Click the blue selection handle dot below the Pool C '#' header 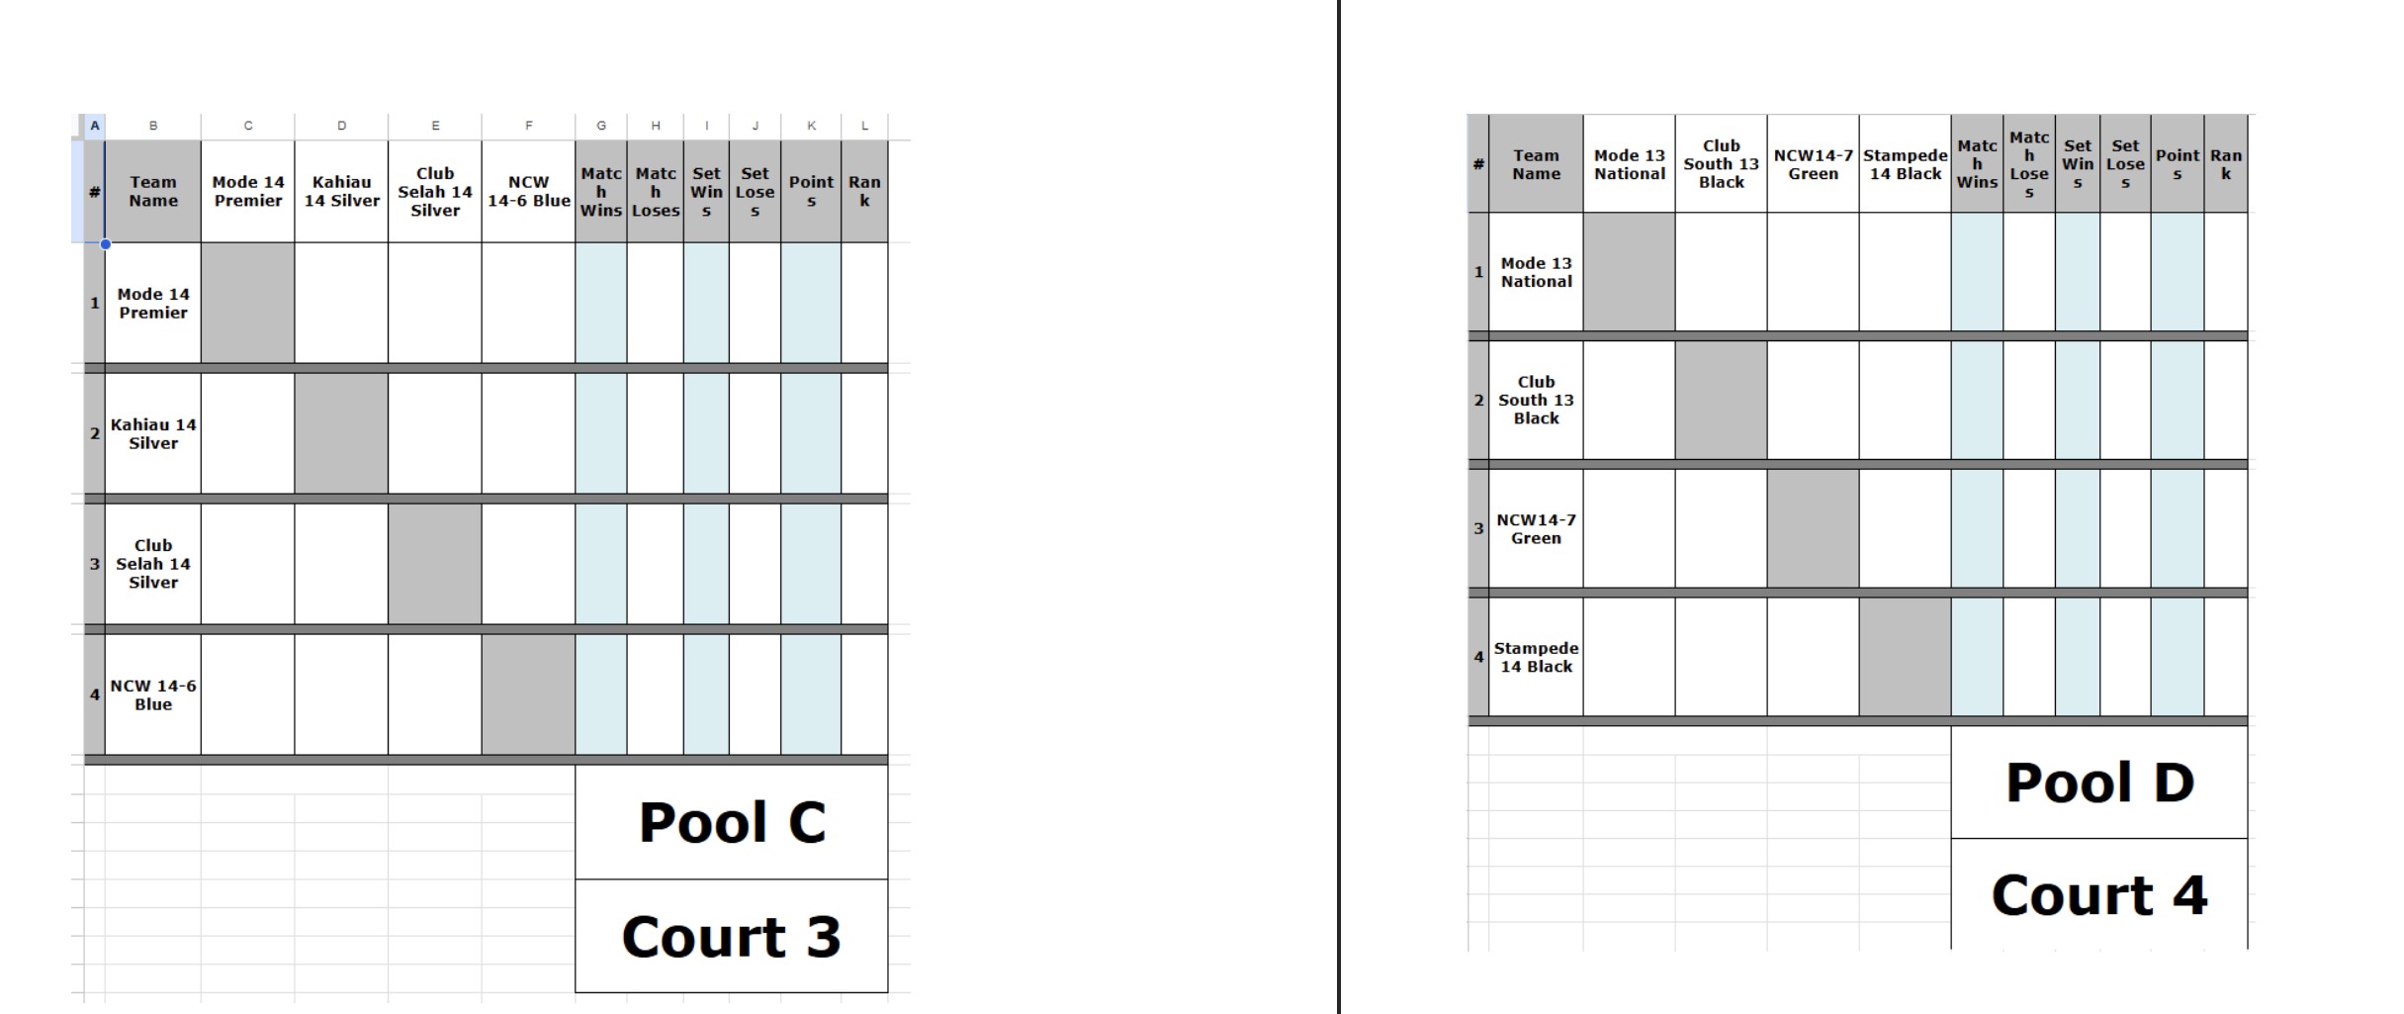click(x=105, y=243)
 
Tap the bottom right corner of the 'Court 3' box click(x=888, y=991)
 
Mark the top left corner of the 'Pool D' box click(x=1951, y=727)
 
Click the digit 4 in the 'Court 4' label click(x=2188, y=894)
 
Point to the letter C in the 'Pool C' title click(x=807, y=822)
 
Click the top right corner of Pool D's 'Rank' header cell click(x=2248, y=115)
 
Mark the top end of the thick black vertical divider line click(x=1339, y=0)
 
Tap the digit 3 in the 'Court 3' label click(x=823, y=936)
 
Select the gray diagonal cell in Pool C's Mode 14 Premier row click(x=247, y=303)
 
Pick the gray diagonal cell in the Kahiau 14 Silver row click(x=341, y=433)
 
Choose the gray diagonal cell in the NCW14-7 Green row click(x=1813, y=528)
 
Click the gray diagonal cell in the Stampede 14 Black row click(x=1905, y=657)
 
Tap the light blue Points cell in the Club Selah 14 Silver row click(x=811, y=564)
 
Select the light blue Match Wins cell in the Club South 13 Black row click(x=1977, y=400)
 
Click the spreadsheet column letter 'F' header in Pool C click(x=529, y=126)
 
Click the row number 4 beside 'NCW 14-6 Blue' click(x=95, y=694)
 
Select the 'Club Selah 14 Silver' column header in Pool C click(x=435, y=192)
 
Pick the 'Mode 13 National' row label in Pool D click(x=1536, y=272)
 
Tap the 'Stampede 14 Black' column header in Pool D click(x=1905, y=164)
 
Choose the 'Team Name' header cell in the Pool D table click(x=1536, y=164)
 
